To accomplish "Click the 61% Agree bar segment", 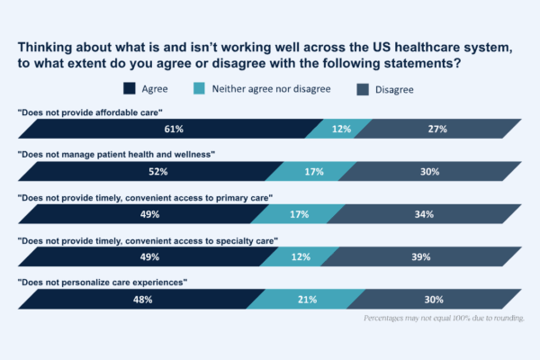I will pyautogui.click(x=168, y=130).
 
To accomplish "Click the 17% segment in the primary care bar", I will pyautogui.click(x=300, y=214).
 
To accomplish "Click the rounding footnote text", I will pyautogui.click(x=443, y=319).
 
